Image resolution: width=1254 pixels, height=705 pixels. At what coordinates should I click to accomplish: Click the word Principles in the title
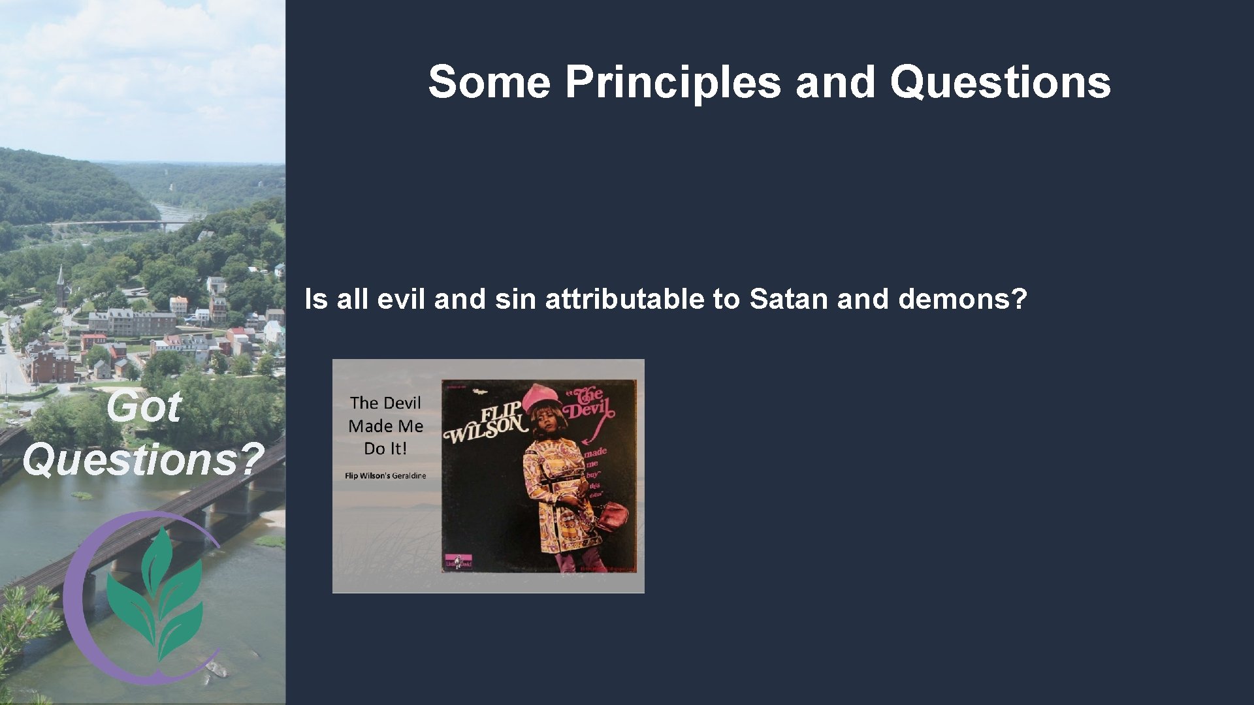pyautogui.click(x=673, y=83)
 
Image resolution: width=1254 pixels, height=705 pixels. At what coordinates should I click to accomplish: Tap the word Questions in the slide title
pyautogui.click(x=1000, y=83)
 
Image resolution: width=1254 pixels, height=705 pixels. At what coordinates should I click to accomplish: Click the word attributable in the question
pyautogui.click(x=624, y=300)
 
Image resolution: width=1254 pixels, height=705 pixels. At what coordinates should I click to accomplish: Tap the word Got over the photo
pyautogui.click(x=143, y=407)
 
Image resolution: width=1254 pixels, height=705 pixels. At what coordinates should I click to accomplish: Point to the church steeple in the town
pyautogui.click(x=61, y=284)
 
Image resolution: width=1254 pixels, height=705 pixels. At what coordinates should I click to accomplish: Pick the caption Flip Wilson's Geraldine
pyautogui.click(x=385, y=476)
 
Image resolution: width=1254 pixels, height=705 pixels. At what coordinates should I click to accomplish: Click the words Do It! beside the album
pyautogui.click(x=385, y=448)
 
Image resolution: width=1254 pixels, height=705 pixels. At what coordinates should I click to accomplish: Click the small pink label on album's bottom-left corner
pyautogui.click(x=458, y=562)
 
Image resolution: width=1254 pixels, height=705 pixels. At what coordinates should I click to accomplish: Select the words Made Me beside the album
pyautogui.click(x=385, y=426)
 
